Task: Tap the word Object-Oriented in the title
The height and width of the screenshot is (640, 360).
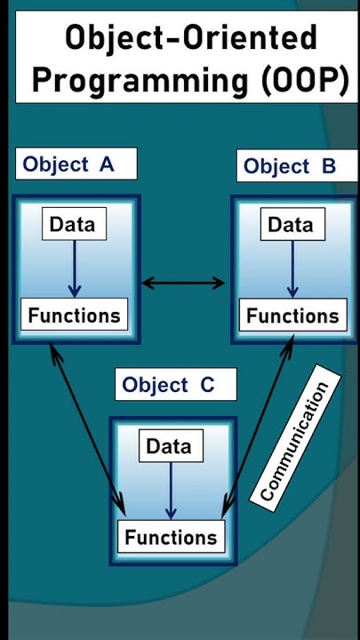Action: click(x=190, y=38)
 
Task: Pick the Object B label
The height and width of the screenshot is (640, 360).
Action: click(x=290, y=166)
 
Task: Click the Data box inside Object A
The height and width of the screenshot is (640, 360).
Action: click(x=75, y=224)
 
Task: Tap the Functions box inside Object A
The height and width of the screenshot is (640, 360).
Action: click(x=74, y=315)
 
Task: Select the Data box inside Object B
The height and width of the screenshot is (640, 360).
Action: click(x=291, y=225)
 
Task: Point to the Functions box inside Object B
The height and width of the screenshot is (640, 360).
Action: click(x=292, y=316)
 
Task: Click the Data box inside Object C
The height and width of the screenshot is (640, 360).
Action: click(x=169, y=446)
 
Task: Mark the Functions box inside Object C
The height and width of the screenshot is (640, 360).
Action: click(x=171, y=537)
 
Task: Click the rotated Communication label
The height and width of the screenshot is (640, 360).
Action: click(x=294, y=441)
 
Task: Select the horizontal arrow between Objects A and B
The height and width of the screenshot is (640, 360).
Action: click(x=184, y=284)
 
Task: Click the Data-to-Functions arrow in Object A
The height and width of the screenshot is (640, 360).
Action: click(x=75, y=269)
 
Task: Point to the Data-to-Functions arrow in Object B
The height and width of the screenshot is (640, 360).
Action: click(x=292, y=269)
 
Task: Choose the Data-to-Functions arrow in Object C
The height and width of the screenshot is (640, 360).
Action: click(x=171, y=492)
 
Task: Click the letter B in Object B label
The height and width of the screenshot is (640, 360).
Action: click(x=326, y=166)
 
